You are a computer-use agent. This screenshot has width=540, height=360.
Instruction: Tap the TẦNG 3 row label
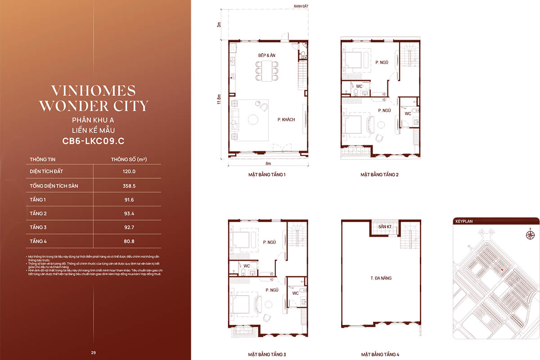tap(38, 227)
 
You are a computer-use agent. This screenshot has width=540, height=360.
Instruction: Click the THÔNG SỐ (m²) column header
tap(130, 159)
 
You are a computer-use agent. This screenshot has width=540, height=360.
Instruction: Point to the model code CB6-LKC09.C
tap(93, 140)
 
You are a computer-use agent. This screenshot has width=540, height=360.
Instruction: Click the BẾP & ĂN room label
tap(266, 55)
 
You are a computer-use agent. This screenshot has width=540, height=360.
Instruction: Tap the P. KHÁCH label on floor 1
tap(286, 120)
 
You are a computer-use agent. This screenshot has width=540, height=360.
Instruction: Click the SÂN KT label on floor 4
tap(385, 226)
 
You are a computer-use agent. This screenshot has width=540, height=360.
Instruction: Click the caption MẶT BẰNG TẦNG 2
tap(379, 174)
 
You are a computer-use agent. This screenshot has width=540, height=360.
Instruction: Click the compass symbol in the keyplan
tap(530, 234)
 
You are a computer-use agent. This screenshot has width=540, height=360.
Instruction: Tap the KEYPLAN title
tap(464, 221)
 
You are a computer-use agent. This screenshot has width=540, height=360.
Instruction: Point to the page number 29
tap(93, 352)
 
